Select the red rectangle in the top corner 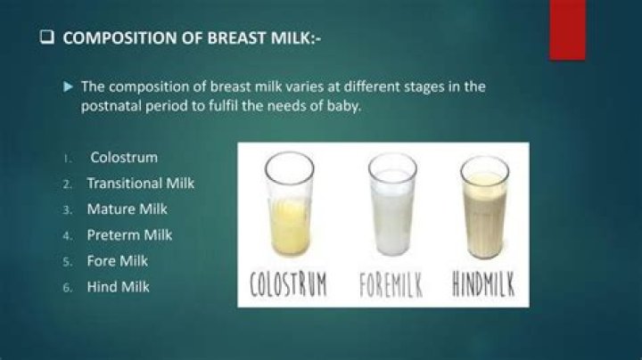point(567,29)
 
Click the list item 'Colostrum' point(124,158)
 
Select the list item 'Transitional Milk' point(140,184)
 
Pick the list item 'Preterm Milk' point(129,235)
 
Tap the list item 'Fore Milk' point(117,261)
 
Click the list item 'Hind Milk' point(118,287)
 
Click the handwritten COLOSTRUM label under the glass point(288,285)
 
